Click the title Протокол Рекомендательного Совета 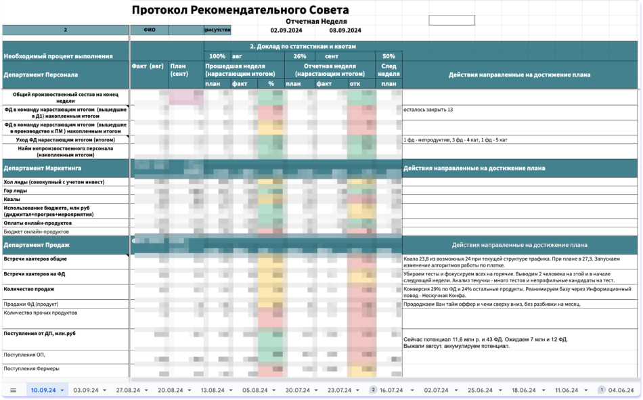tap(240, 10)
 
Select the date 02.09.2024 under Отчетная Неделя tap(286, 30)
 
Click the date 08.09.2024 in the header tap(345, 30)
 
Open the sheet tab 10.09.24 tap(43, 391)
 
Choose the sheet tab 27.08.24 tap(128, 391)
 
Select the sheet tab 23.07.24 tap(341, 391)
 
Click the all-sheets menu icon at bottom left tap(13, 391)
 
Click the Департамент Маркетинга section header tap(36, 168)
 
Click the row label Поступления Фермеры tap(31, 369)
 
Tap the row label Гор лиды tap(17, 191)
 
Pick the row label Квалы tap(12, 200)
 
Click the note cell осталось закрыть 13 tap(428, 109)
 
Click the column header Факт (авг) tap(148, 66)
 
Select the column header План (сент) tap(179, 70)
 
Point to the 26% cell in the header tap(299, 56)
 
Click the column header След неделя tap(389, 70)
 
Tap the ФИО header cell tap(149, 30)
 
